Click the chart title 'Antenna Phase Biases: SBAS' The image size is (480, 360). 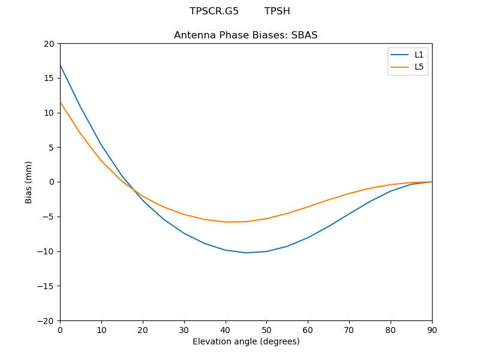tap(245, 35)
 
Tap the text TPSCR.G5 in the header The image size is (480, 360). tap(214, 11)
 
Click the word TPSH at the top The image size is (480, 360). tap(277, 11)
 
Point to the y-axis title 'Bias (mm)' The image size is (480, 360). tap(29, 182)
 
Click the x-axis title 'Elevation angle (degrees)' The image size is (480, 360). tap(246, 341)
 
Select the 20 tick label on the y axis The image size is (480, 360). tap(49, 44)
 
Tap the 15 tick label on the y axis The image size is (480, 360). tap(49, 78)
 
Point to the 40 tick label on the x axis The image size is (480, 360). tap(225, 329)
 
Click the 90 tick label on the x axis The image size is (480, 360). tap(431, 329)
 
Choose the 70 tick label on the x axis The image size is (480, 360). tap(349, 329)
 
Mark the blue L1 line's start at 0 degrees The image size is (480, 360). tap(60, 65)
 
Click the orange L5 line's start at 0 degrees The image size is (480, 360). tap(60, 102)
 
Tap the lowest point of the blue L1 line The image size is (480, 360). tap(246, 253)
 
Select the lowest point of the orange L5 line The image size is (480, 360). tap(226, 222)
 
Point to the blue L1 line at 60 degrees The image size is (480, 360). tap(308, 238)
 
